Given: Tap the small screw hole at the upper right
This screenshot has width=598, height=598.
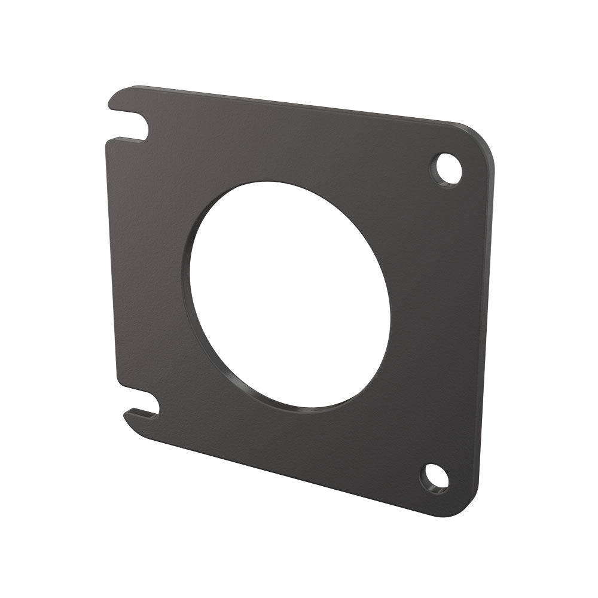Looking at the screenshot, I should click(447, 168).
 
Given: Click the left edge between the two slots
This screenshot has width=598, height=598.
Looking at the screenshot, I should click(109, 263).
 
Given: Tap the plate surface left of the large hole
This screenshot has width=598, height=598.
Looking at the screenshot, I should click(149, 269).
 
